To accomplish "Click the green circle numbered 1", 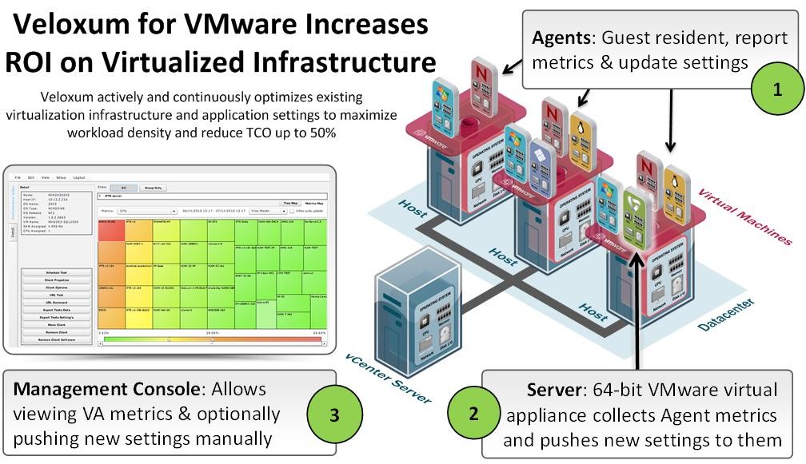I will (776, 89).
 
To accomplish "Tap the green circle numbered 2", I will (474, 414).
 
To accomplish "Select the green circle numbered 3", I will (335, 414).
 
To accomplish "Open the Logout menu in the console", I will (79, 176).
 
